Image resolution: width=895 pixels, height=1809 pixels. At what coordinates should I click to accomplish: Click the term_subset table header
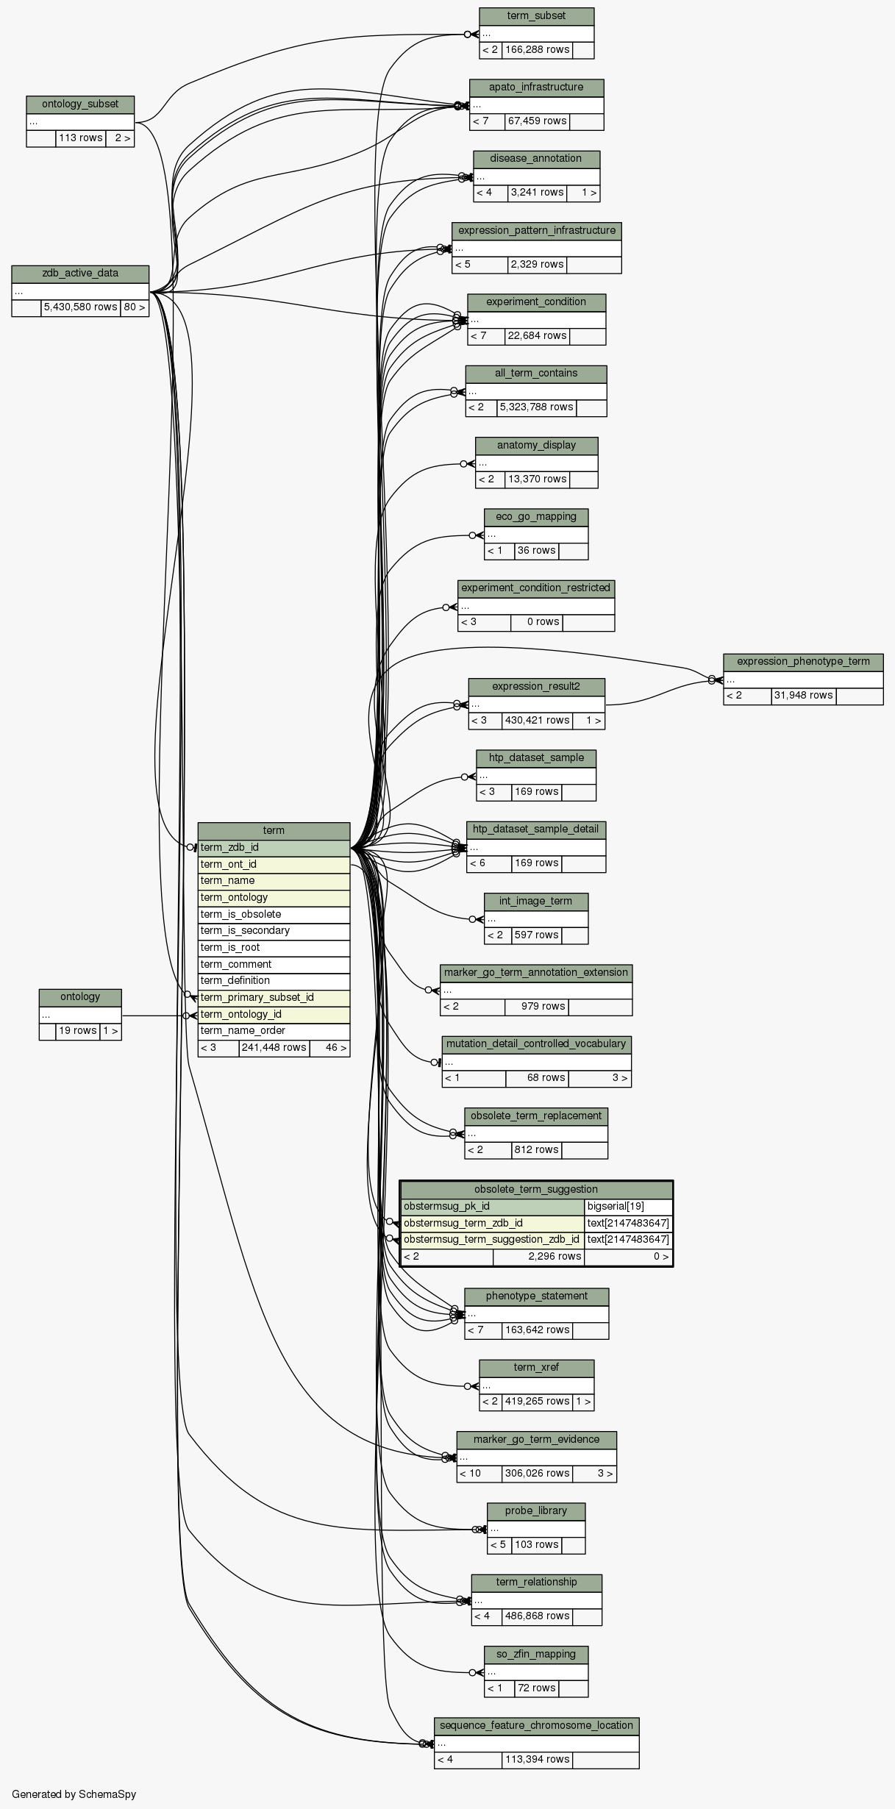536,16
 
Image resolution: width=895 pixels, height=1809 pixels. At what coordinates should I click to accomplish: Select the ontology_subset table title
80,104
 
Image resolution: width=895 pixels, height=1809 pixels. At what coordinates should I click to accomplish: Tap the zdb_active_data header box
80,274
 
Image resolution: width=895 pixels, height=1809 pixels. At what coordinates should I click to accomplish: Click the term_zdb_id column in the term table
274,848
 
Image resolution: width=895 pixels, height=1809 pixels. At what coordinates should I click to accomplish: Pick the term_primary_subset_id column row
274,998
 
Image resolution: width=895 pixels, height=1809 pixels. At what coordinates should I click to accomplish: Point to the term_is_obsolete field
274,915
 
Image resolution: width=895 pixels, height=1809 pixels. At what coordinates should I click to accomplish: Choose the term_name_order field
274,1031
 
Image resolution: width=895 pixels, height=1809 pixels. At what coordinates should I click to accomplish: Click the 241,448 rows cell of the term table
274,1048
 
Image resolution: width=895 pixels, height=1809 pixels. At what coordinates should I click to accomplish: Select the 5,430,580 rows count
80,307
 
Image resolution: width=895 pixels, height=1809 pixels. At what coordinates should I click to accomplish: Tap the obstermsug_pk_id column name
493,1207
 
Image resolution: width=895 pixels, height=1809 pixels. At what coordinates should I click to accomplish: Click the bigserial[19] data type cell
628,1207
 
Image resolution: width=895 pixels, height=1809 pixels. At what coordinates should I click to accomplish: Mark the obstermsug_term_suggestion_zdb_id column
493,1240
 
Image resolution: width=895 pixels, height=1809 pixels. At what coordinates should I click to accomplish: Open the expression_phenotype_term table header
803,662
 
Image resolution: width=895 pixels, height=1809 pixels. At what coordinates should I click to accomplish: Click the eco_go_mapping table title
536,517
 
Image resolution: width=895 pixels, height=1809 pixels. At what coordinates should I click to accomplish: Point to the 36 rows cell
536,551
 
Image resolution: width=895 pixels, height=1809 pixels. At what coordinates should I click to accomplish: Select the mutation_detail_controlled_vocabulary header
536,1044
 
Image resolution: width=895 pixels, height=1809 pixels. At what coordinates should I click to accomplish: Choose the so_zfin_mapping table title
536,1655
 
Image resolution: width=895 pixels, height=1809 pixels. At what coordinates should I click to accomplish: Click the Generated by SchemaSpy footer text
74,1794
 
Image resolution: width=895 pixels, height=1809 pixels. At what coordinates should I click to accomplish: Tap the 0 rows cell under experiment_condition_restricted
536,622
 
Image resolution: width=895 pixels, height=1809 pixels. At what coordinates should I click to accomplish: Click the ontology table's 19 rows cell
78,1031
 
